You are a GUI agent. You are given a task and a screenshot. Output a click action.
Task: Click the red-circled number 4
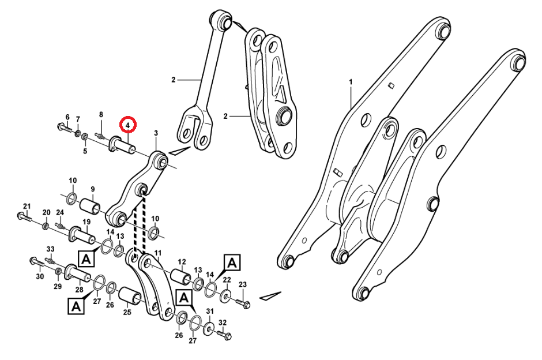pyautogui.click(x=127, y=124)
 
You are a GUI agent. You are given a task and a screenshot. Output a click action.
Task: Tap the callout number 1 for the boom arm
pyautogui.click(x=350, y=82)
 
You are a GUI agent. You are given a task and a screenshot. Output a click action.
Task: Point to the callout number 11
pyautogui.click(x=157, y=253)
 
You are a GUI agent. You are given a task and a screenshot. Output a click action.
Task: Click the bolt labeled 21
pyautogui.click(x=24, y=217)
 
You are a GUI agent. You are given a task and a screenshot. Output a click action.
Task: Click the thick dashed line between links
pyautogui.click(x=138, y=228)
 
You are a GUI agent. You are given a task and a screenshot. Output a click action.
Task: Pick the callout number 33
pyautogui.click(x=50, y=249)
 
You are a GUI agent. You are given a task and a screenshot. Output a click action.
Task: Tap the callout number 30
pyautogui.click(x=40, y=276)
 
